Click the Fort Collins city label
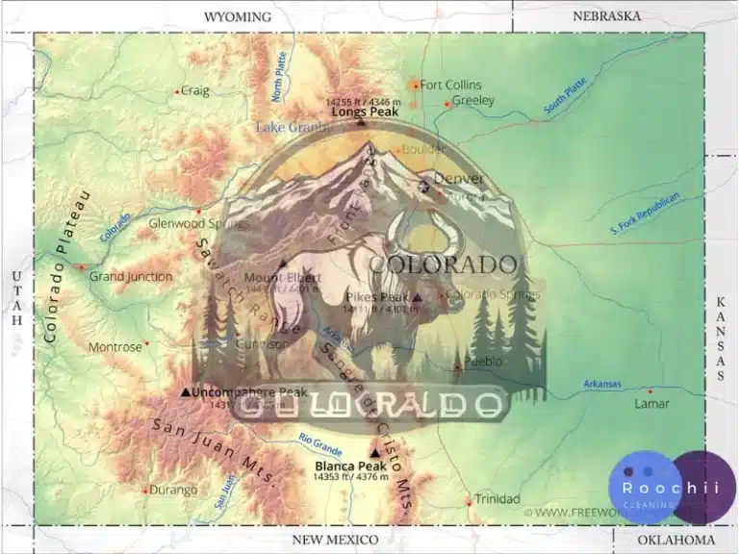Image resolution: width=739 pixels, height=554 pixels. [x=450, y=85]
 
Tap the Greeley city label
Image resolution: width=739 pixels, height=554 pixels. [x=472, y=100]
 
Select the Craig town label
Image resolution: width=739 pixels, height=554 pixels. [x=195, y=90]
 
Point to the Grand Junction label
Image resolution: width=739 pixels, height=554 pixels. [x=131, y=277]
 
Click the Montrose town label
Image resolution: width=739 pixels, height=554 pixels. [x=115, y=346]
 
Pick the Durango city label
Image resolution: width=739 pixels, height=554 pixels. [x=174, y=490]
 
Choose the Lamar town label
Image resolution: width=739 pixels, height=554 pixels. [x=651, y=403]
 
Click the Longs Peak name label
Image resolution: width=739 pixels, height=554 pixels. [x=365, y=112]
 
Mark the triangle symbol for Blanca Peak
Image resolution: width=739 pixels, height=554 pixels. [x=374, y=454]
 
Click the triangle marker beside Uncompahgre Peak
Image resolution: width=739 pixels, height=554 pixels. [x=186, y=392]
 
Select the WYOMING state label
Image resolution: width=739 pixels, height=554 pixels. [x=238, y=16]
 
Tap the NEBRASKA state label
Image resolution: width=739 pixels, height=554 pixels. [x=606, y=16]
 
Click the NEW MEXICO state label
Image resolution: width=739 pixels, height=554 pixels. [x=335, y=540]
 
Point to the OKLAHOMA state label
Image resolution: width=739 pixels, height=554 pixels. [x=674, y=540]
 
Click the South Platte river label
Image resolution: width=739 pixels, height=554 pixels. [x=565, y=97]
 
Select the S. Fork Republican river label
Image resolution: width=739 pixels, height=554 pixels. [x=645, y=214]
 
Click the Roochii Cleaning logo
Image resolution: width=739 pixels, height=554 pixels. [x=671, y=488]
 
